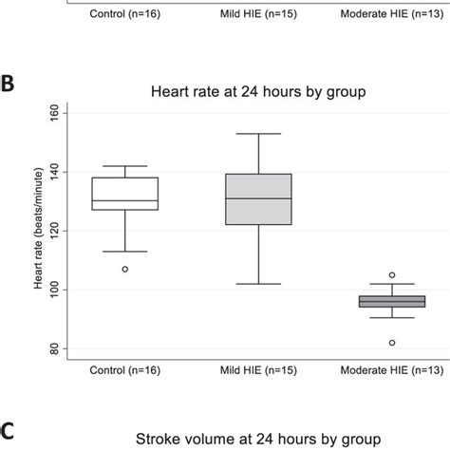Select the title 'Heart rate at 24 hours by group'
click(258, 91)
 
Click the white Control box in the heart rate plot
click(125, 193)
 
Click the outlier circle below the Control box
click(125, 269)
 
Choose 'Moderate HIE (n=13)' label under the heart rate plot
click(388, 367)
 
